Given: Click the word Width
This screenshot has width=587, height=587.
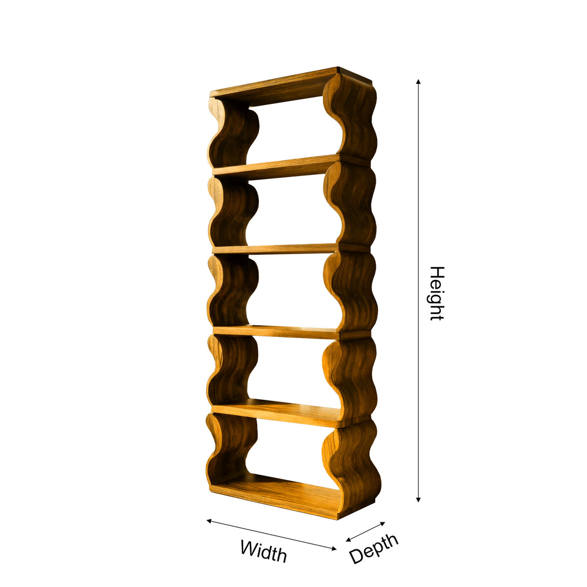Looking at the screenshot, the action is (264, 551).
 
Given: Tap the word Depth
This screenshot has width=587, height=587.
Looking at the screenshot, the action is (373, 548).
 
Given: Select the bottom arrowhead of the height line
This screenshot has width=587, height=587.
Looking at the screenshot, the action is (418, 500).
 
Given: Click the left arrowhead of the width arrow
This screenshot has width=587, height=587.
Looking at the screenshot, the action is (209, 520).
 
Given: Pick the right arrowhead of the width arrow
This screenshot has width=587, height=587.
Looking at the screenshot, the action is (334, 549).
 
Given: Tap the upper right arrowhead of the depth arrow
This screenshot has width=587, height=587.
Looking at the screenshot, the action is (383, 523).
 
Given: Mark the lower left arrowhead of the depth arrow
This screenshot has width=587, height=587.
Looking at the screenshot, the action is (348, 539).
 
